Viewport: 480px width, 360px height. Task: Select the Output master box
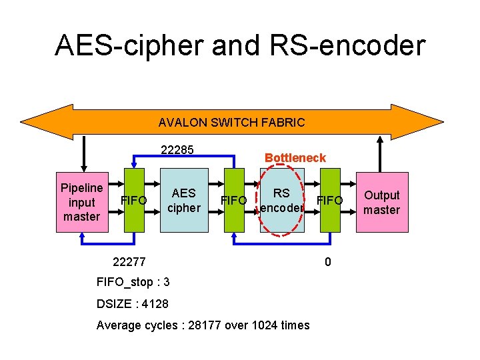pyautogui.click(x=381, y=203)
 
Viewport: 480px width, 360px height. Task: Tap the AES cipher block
pyautogui.click(x=183, y=200)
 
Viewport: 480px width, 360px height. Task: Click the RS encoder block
pyautogui.click(x=281, y=200)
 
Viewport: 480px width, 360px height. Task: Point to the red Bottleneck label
pyautogui.click(x=295, y=158)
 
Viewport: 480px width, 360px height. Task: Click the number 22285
pyautogui.click(x=177, y=150)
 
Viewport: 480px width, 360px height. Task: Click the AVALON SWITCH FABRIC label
pyautogui.click(x=231, y=123)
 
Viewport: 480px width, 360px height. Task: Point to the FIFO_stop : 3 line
pyautogui.click(x=133, y=282)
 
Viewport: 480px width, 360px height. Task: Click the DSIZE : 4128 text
pyautogui.click(x=133, y=304)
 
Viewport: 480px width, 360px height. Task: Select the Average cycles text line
pyautogui.click(x=203, y=325)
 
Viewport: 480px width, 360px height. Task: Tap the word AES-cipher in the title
pyautogui.click(x=129, y=45)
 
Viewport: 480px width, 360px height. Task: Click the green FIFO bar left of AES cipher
pyautogui.click(x=136, y=200)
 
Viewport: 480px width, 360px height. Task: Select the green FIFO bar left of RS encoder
pyautogui.click(x=234, y=200)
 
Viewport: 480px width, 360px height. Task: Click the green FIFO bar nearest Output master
pyautogui.click(x=330, y=200)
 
